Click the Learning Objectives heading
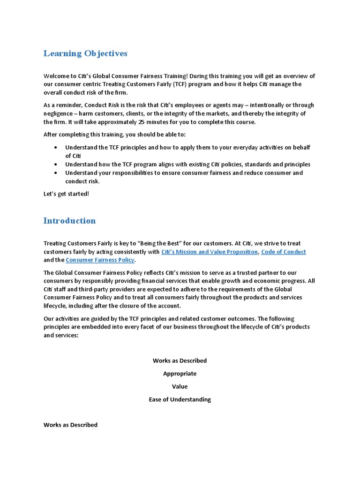point(85,53)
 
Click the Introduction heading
point(69,220)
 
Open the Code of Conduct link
point(283,252)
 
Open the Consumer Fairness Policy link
point(100,260)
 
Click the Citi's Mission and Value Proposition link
point(209,252)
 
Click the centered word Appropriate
point(180,374)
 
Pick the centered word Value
point(180,386)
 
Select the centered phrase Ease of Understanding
point(180,399)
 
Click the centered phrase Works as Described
point(180,360)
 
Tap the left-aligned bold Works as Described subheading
point(70,425)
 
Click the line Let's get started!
point(66,194)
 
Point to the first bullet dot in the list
point(56,148)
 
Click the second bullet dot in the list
point(56,165)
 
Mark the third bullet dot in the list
point(56,173)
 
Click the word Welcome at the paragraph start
point(57,76)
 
